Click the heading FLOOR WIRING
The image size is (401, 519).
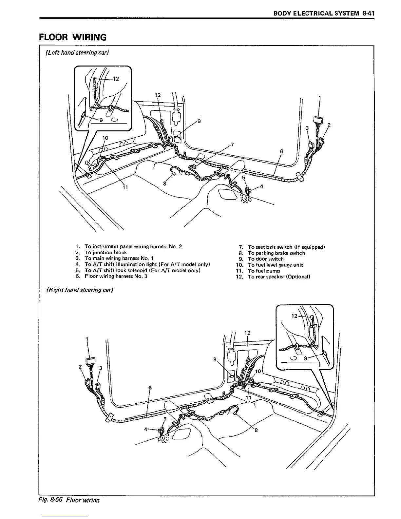tap(73, 37)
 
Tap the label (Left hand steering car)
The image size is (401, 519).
tap(77, 52)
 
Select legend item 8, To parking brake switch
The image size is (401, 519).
tap(276, 253)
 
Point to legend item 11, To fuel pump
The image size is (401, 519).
tap(264, 271)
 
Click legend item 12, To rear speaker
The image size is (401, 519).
tap(278, 277)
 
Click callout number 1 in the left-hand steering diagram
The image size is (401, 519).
tap(320, 97)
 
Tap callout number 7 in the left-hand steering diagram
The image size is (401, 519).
tap(232, 144)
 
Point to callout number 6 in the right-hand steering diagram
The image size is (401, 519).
tap(150, 388)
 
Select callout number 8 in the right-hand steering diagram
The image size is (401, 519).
tap(256, 430)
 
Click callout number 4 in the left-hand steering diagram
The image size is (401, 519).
tap(261, 187)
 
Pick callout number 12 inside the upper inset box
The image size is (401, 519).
tap(116, 79)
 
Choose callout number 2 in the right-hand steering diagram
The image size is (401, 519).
tap(80, 367)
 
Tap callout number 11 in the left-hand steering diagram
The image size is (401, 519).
tap(125, 187)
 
